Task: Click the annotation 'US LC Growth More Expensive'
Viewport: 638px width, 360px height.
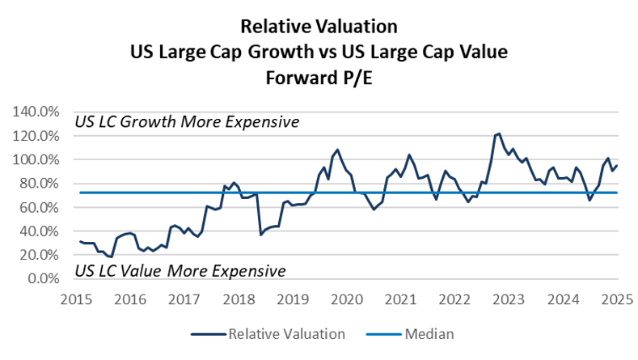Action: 187,122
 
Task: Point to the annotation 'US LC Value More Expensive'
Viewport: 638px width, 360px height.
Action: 180,269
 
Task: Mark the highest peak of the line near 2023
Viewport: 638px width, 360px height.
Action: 499,133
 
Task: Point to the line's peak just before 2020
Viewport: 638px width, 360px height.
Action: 337,150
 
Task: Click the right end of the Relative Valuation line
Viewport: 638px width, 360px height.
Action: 617,166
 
